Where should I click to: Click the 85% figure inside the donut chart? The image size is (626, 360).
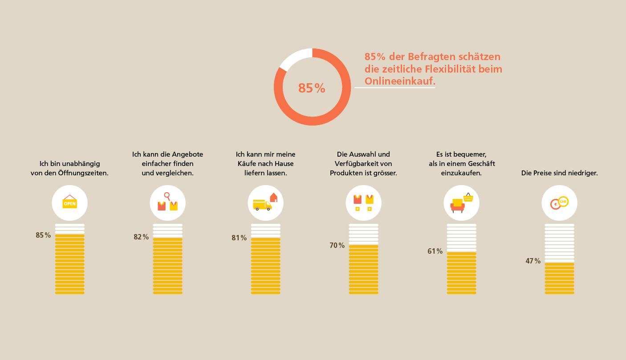pos(312,88)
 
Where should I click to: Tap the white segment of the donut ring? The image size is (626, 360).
pos(294,58)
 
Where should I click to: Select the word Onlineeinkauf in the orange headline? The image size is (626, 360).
pos(399,81)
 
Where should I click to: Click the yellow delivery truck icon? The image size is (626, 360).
pos(262,205)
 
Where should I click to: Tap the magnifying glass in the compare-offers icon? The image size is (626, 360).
pos(167,196)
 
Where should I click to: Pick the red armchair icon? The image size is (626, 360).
pos(457,206)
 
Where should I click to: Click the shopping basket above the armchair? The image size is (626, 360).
pos(468,197)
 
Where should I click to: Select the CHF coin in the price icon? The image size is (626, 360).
pos(563,202)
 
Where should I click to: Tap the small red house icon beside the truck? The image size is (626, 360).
pos(273,197)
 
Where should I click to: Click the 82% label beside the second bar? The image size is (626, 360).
pos(141,237)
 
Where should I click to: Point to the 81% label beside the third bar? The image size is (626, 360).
pos(239,238)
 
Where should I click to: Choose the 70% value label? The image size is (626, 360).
pos(337,246)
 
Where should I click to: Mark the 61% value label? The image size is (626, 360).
pos(435,251)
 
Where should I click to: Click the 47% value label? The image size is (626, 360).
pos(533,261)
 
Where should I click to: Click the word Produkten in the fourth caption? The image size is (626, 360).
pos(345,173)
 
